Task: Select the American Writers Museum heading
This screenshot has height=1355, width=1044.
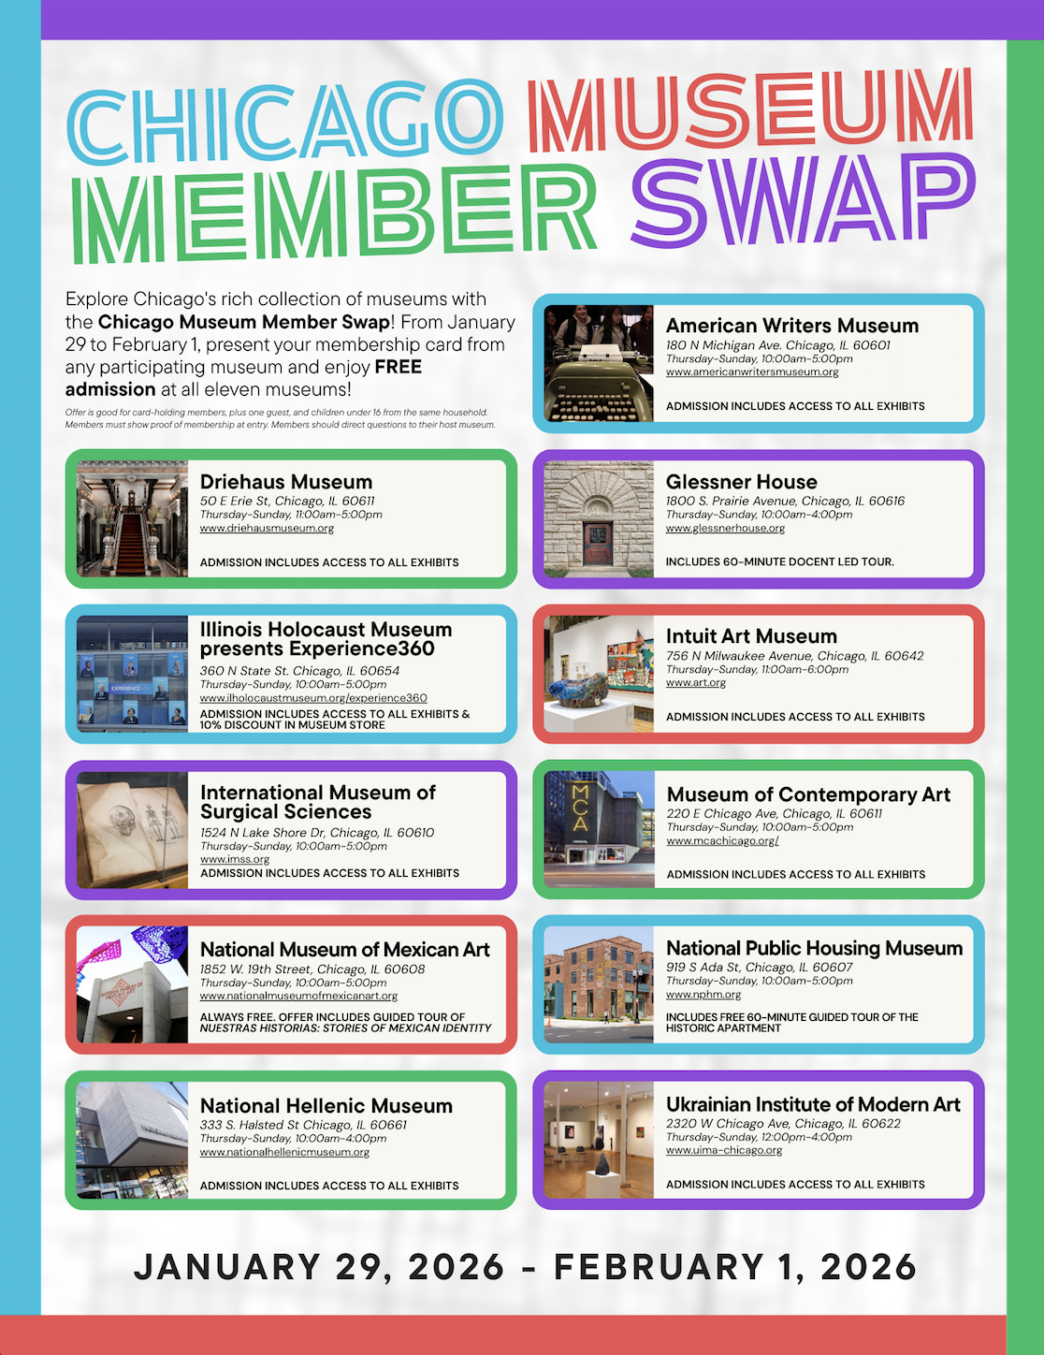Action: click(791, 326)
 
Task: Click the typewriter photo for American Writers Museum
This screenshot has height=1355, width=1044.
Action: click(599, 363)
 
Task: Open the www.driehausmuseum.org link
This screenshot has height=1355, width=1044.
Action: click(267, 529)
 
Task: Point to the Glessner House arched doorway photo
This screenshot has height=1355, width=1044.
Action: click(599, 519)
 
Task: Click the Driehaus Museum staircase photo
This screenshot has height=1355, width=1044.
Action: click(132, 519)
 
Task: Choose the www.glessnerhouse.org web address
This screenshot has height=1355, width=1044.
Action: click(725, 529)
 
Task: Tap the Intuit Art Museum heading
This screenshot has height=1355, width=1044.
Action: click(751, 636)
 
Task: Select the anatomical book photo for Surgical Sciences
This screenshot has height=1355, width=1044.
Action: click(132, 830)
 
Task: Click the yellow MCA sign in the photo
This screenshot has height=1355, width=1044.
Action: click(580, 807)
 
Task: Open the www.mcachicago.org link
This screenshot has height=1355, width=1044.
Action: click(722, 841)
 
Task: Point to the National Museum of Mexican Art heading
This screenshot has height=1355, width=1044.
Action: click(344, 950)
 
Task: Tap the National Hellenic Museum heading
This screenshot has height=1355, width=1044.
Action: click(326, 1106)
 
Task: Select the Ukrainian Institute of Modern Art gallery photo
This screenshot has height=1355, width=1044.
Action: click(599, 1140)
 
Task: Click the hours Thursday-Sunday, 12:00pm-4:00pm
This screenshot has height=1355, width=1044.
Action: click(759, 1137)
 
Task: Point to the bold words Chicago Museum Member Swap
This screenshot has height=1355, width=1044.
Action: click(243, 322)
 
